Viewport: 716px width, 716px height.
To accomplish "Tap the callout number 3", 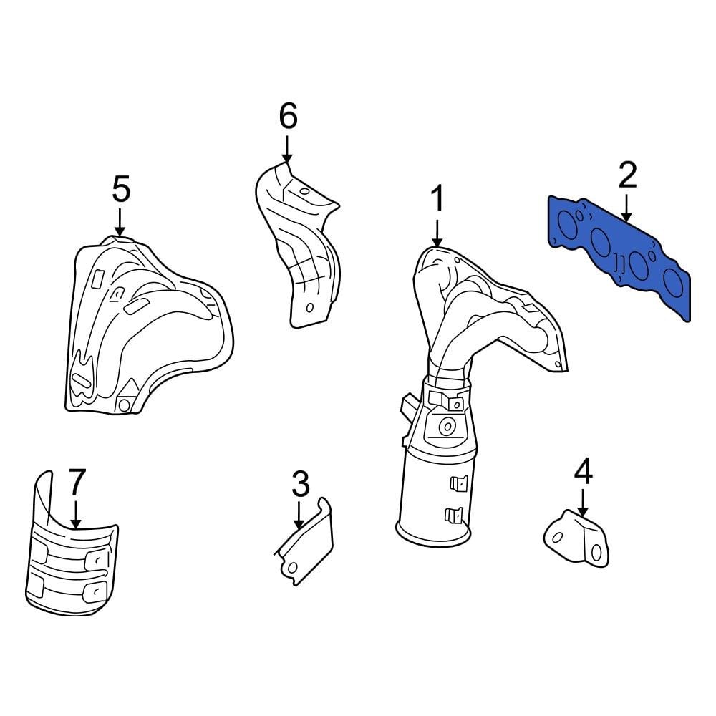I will pos(300,485).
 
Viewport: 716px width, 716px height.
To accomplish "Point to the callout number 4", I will pos(584,471).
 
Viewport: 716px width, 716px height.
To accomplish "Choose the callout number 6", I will pos(287,116).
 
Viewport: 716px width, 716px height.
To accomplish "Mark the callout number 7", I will pos(77,483).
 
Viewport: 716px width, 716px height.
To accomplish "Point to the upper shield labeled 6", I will pos(297,243).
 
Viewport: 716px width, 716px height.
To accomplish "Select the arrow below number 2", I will pos(626,208).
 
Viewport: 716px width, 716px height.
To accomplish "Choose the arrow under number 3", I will pos(300,515).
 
